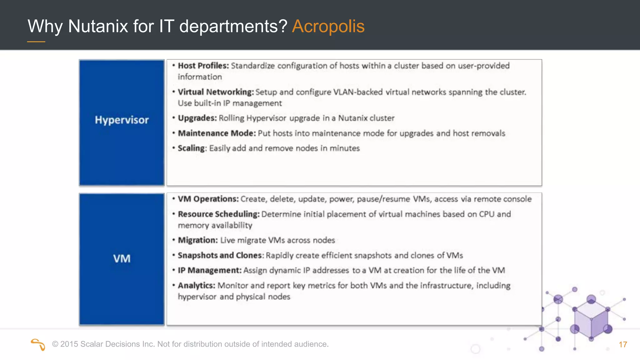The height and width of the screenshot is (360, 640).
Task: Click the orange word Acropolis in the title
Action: click(x=328, y=26)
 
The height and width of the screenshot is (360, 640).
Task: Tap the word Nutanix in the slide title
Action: click(x=98, y=26)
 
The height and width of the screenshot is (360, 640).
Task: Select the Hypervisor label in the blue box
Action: click(x=122, y=120)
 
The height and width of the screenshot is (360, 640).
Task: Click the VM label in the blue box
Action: click(x=122, y=259)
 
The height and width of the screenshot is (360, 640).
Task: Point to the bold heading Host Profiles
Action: click(x=203, y=66)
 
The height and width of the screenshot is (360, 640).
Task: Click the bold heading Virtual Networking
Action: click(x=216, y=92)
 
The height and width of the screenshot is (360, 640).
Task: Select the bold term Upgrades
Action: click(x=197, y=118)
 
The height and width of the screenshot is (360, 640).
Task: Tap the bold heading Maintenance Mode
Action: click(x=217, y=133)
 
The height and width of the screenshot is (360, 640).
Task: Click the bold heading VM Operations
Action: click(x=208, y=199)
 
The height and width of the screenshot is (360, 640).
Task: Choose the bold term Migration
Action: click(x=197, y=240)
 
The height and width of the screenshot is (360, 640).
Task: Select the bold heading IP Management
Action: click(x=210, y=270)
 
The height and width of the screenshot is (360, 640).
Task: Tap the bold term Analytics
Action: click(x=196, y=286)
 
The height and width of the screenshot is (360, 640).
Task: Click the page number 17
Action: click(x=623, y=345)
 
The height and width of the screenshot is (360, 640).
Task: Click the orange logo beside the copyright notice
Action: click(x=38, y=344)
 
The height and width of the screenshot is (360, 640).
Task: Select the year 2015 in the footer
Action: click(x=69, y=344)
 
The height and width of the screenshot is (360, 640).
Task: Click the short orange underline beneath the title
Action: click(x=36, y=42)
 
